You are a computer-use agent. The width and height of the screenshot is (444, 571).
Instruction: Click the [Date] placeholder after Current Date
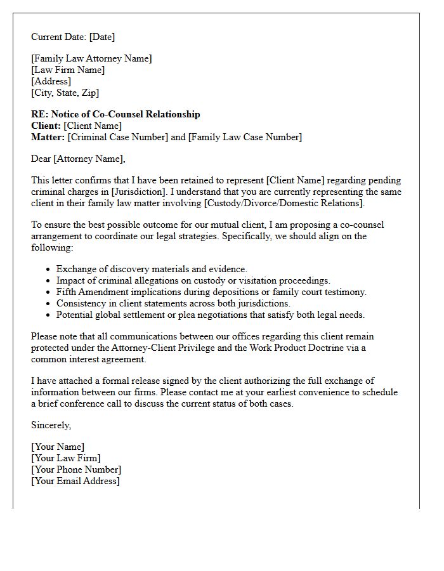point(102,37)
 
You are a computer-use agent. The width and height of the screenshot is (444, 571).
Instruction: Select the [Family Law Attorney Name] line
point(91,58)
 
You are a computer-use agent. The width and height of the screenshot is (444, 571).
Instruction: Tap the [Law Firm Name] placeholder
point(68,70)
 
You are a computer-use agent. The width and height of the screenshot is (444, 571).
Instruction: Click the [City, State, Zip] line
point(65,93)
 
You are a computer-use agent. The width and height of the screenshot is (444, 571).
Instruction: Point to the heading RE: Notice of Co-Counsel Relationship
point(115,114)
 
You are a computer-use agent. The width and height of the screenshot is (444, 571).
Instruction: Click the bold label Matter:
point(48,137)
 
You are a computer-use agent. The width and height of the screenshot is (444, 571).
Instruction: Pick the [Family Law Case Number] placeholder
point(245,137)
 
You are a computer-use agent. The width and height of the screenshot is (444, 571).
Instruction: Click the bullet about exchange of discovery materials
point(152,269)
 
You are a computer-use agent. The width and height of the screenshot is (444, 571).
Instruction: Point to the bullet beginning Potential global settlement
point(211,315)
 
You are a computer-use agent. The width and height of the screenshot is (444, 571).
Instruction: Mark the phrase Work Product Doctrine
point(304,348)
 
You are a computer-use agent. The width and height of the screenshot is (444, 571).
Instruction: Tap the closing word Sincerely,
point(51,425)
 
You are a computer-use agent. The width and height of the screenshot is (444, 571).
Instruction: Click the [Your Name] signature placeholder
point(58,447)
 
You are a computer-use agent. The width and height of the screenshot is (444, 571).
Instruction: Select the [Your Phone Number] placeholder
point(76,469)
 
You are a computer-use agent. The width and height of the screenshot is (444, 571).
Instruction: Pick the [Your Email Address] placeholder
point(75,481)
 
